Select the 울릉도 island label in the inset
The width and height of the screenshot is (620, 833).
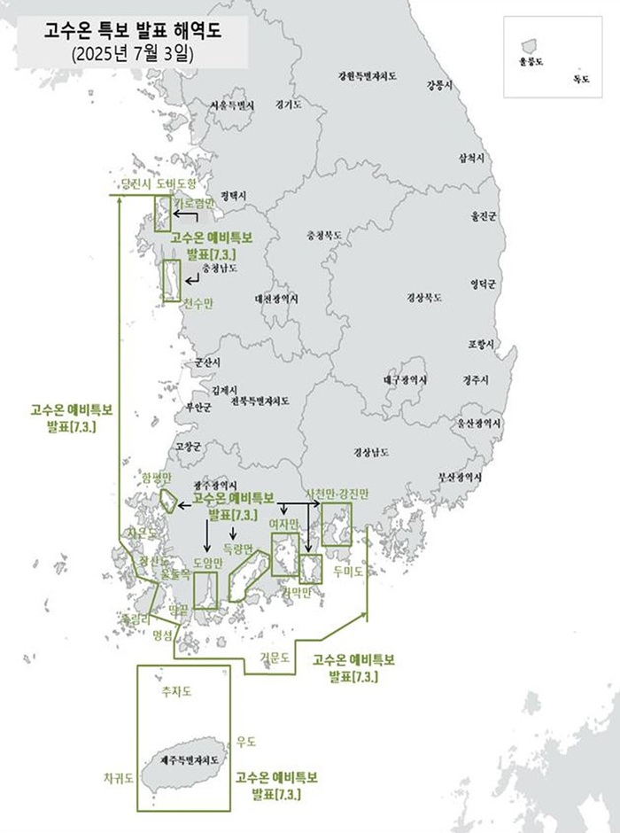click(x=531, y=63)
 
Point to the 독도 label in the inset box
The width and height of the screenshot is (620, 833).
click(x=581, y=80)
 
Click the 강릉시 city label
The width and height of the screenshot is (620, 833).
click(x=439, y=85)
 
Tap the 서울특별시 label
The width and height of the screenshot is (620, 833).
click(x=232, y=105)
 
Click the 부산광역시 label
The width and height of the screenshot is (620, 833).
click(x=466, y=476)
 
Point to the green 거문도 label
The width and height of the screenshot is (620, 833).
click(x=275, y=658)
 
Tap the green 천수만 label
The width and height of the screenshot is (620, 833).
click(x=198, y=303)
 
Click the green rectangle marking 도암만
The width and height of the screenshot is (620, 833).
click(x=205, y=590)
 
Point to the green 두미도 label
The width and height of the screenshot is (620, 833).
click(x=349, y=572)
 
